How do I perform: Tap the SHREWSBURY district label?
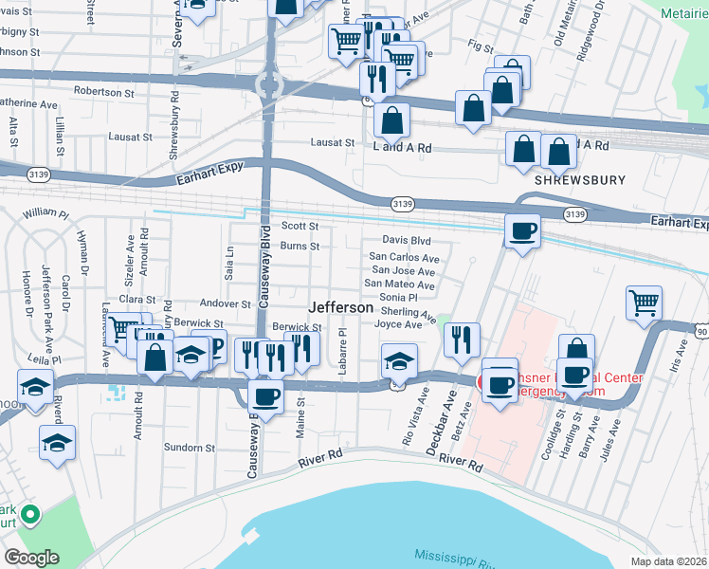(x=569, y=178)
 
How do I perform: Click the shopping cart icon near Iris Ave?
(x=644, y=303)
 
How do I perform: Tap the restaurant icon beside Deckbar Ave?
(x=461, y=340)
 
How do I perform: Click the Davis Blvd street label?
(x=407, y=241)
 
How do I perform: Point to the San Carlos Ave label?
(x=404, y=257)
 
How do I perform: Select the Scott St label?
(x=300, y=226)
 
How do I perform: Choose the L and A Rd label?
(x=402, y=148)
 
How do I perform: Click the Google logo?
(x=31, y=558)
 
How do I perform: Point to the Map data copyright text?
(x=669, y=561)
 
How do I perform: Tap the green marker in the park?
(x=30, y=515)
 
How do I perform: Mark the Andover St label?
(x=225, y=304)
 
